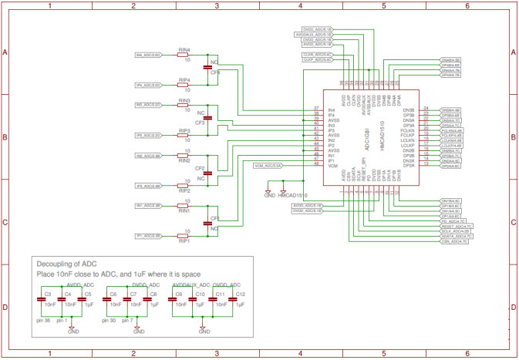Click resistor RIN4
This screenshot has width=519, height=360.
pos(183,56)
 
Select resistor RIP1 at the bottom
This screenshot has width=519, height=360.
pos(183,236)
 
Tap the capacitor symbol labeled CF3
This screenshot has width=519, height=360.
pos(207,119)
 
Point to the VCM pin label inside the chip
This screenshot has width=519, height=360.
pos(332,166)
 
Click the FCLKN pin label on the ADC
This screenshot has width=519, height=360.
pos(408,131)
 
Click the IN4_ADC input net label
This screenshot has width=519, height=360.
pos(148,56)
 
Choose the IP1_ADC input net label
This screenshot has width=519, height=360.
pos(148,236)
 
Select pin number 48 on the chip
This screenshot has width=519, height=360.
pos(316,166)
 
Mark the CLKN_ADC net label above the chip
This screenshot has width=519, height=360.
pos(318,55)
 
